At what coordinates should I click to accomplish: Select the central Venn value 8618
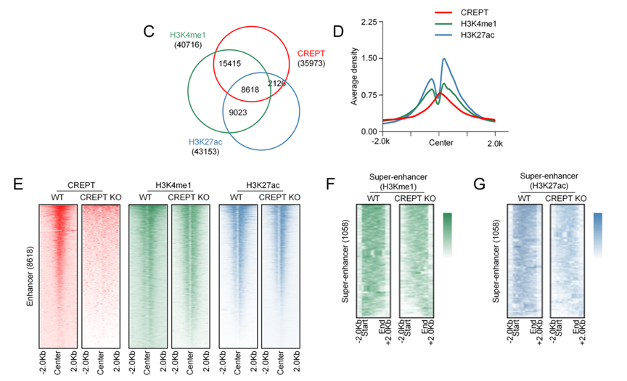coord(250,90)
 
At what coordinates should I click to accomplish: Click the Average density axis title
coord(355,76)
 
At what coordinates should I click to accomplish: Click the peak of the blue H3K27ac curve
coord(443,60)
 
